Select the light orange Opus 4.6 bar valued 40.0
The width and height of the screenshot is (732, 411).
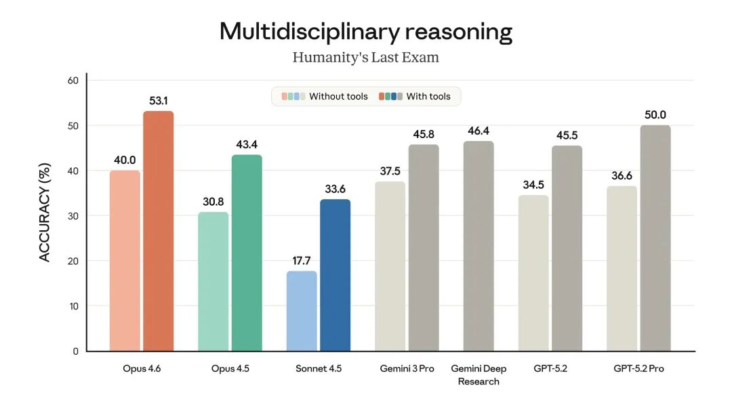click(x=125, y=261)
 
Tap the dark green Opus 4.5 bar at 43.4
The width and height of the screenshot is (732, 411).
click(x=247, y=253)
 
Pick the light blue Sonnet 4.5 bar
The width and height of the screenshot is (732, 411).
click(x=302, y=311)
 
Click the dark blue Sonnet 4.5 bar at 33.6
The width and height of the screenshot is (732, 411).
click(x=335, y=275)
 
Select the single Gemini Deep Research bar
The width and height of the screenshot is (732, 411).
click(x=479, y=246)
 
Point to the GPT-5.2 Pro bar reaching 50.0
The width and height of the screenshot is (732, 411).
click(x=655, y=238)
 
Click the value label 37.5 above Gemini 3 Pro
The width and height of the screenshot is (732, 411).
click(x=390, y=171)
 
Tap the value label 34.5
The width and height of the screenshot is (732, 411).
click(x=533, y=185)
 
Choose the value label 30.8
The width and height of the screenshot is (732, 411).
click(x=213, y=202)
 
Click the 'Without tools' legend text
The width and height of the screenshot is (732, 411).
click(x=338, y=97)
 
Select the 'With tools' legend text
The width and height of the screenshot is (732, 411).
click(x=428, y=97)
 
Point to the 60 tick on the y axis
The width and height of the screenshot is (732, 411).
click(x=73, y=80)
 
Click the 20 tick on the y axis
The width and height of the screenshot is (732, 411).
click(x=73, y=261)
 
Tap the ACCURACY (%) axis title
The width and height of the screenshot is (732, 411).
click(x=45, y=211)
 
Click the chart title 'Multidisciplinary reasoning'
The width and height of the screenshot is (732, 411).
click(x=366, y=31)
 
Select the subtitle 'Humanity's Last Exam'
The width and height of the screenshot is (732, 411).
click(x=366, y=58)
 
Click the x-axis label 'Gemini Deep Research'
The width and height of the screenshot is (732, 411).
click(x=479, y=375)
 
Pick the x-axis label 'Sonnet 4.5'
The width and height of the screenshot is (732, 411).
click(x=319, y=369)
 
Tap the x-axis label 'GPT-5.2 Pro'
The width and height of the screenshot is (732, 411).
click(x=639, y=369)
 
